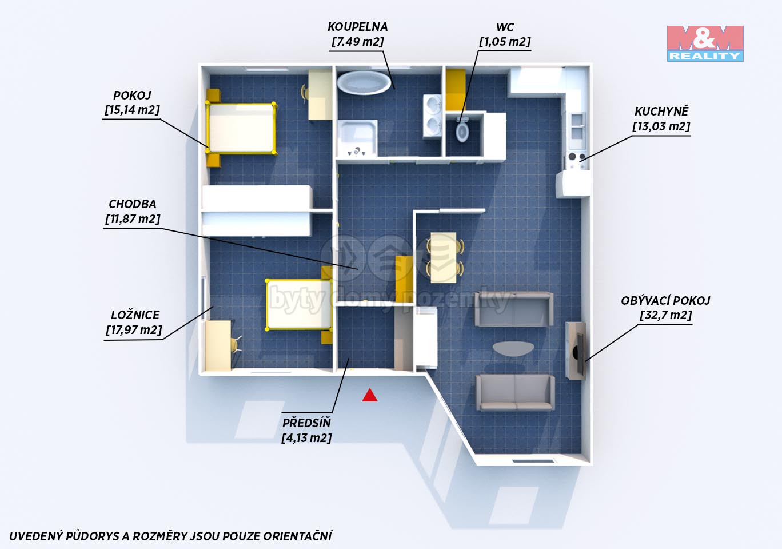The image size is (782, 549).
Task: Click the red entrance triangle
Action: pyautogui.click(x=370, y=395)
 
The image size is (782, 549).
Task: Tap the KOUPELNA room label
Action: pyautogui.click(x=357, y=27)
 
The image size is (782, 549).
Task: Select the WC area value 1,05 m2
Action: pyautogui.click(x=505, y=42)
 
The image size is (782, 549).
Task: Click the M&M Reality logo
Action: pyautogui.click(x=705, y=43)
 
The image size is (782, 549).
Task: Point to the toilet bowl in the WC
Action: pyautogui.click(x=462, y=132)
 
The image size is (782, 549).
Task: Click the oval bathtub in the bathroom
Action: pyautogui.click(x=364, y=83)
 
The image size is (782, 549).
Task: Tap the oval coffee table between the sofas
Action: pyautogui.click(x=513, y=348)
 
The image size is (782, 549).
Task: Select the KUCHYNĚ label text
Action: pyautogui.click(x=661, y=112)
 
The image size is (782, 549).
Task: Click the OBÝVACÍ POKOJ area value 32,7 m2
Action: pyautogui.click(x=666, y=315)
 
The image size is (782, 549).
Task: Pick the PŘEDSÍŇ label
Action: pyautogui.click(x=306, y=423)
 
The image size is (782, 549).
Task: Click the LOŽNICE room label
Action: pyautogui.click(x=135, y=315)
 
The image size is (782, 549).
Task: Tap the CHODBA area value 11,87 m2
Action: pyautogui.click(x=133, y=220)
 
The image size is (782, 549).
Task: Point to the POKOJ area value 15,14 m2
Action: pyautogui.click(x=132, y=110)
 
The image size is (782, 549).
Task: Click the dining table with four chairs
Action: pyautogui.click(x=444, y=257)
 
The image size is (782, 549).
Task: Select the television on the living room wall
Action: pyautogui.click(x=579, y=351)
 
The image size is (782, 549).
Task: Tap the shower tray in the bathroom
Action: pyautogui.click(x=357, y=138)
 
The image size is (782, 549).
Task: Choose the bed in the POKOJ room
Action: pyautogui.click(x=241, y=128)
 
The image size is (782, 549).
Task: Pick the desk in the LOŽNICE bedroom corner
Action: pyautogui.click(x=217, y=345)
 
